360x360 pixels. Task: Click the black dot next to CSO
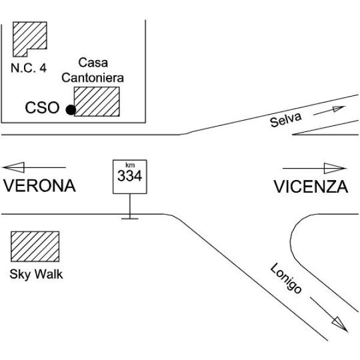click(71, 110)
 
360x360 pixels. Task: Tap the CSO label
click(42, 107)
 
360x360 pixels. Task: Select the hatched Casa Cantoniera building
click(97, 101)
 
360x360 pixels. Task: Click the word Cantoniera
click(92, 78)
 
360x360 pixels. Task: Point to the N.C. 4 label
click(29, 68)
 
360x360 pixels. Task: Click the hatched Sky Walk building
click(35, 247)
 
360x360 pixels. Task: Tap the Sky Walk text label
click(36, 274)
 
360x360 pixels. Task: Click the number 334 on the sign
click(130, 176)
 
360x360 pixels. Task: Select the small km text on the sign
click(130, 165)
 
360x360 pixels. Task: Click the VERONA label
click(40, 186)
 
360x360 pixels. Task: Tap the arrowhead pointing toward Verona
click(14, 167)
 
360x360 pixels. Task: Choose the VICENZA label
click(311, 187)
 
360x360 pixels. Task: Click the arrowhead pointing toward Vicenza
click(335, 168)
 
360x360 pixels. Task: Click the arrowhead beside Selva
click(339, 109)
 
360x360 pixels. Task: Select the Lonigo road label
click(286, 278)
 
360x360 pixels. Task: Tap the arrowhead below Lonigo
click(340, 324)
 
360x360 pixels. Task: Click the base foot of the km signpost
click(130, 218)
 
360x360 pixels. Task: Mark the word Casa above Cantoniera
click(93, 62)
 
